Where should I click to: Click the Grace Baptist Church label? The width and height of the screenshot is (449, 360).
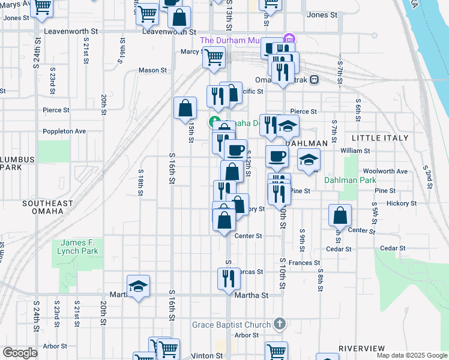231,325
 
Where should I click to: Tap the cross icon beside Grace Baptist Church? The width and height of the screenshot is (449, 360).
279,324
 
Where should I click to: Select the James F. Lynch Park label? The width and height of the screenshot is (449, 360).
78,247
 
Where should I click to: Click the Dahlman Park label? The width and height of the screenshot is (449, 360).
350,179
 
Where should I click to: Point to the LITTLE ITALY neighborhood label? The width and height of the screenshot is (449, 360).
380,138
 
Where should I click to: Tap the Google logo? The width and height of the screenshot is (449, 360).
20,353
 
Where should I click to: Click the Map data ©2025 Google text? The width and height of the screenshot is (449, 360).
411,355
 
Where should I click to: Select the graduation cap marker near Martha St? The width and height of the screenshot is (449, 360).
138,286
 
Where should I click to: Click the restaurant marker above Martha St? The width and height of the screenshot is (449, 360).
229,278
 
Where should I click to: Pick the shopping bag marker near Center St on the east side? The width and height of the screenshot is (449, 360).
340,215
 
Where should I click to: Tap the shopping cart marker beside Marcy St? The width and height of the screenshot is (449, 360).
214,58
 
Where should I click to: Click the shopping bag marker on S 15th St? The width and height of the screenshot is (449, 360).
185,108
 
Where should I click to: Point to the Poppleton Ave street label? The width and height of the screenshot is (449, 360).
64,131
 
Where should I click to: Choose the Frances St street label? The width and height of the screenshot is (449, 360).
304,263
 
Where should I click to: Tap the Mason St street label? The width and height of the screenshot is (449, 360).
152,70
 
